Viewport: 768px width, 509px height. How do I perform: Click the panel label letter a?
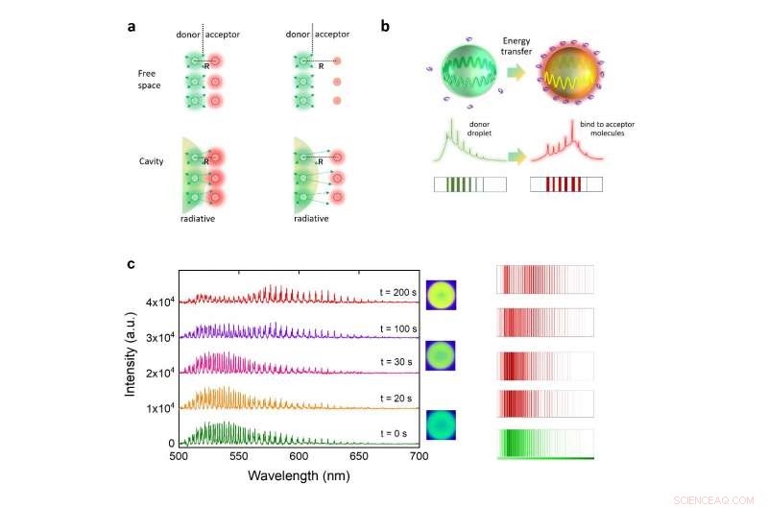click(132, 27)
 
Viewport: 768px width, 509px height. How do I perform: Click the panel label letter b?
click(385, 27)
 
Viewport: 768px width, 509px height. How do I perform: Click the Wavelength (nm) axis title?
click(298, 475)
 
